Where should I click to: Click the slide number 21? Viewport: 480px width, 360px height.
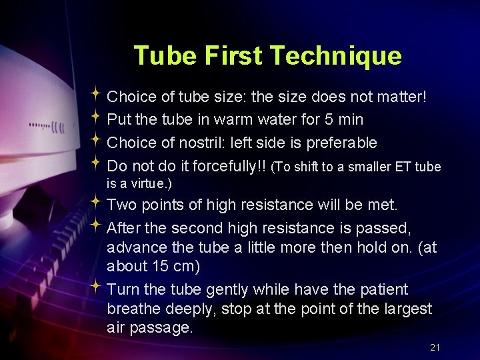pos(435,347)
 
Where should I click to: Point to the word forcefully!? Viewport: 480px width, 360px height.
pos(228,165)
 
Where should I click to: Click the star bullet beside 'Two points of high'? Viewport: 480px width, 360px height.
pos(97,203)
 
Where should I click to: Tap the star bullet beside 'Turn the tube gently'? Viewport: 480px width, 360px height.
pos(97,288)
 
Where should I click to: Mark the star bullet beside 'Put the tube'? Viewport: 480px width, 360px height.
pos(97,119)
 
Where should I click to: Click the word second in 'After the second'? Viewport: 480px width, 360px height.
pos(194,228)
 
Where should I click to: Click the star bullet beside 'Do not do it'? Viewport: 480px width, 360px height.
pos(97,164)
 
